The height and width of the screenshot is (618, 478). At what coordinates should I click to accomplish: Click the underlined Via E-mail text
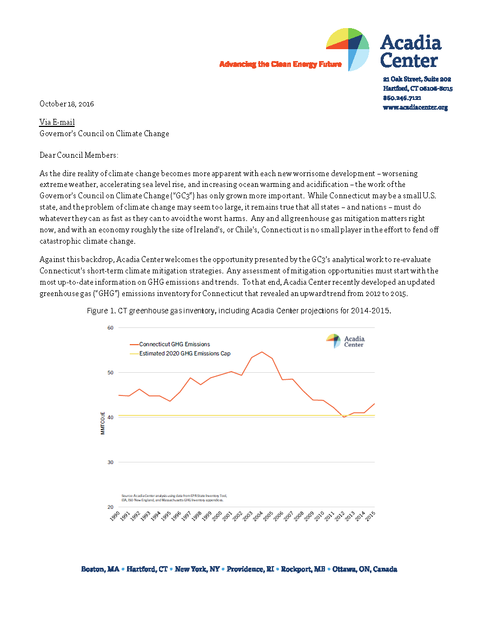57,123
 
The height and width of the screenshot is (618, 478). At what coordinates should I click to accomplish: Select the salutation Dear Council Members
78,155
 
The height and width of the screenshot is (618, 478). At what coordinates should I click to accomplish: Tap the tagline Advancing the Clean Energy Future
280,64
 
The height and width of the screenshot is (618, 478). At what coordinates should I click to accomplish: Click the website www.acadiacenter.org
415,108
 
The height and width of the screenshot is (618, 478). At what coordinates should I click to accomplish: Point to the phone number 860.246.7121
402,98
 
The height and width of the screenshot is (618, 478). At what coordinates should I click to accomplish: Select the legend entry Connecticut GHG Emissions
174,344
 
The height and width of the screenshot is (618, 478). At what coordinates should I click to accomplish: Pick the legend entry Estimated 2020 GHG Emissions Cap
184,354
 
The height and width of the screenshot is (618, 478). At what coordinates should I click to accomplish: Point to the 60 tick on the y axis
110,328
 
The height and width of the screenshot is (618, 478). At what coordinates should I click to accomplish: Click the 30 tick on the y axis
110,462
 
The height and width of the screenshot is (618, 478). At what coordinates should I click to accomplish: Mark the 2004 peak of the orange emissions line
262,352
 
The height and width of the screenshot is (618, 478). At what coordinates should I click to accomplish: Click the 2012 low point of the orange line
344,417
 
